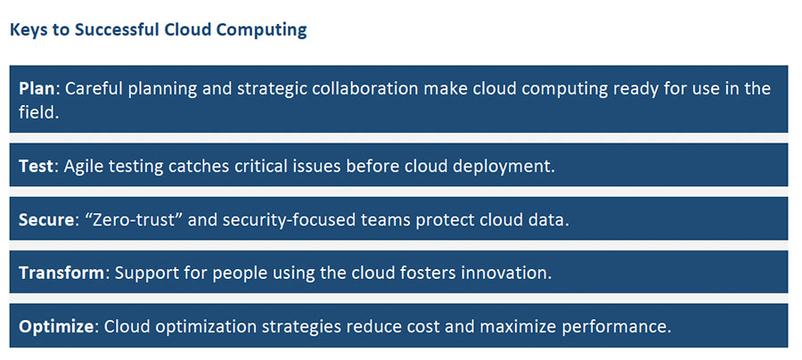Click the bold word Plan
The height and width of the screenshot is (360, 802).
(37, 88)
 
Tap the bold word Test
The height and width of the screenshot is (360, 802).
(36, 167)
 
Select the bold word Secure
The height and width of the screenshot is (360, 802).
(46, 219)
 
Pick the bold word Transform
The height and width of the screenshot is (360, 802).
(61, 273)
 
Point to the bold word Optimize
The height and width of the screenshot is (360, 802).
(56, 326)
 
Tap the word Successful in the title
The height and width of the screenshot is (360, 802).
(117, 29)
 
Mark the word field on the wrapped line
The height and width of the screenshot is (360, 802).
(39, 112)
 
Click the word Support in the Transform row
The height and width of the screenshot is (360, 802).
(144, 274)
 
